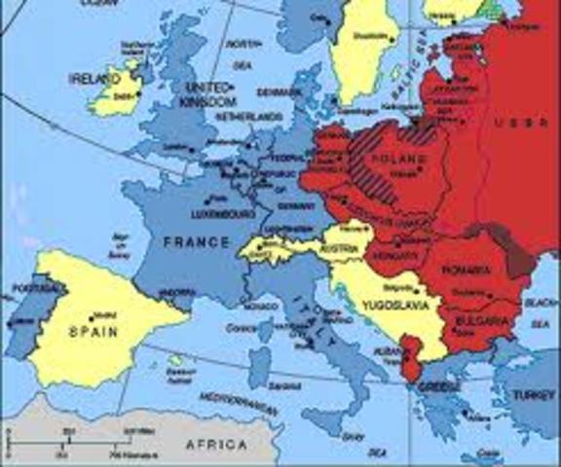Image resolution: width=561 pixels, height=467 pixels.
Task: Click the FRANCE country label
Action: (x=196, y=241)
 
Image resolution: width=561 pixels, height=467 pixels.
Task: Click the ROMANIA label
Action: (x=466, y=269)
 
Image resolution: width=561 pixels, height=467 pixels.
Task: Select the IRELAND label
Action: (x=92, y=76)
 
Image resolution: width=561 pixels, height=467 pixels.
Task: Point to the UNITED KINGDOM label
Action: (x=209, y=94)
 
